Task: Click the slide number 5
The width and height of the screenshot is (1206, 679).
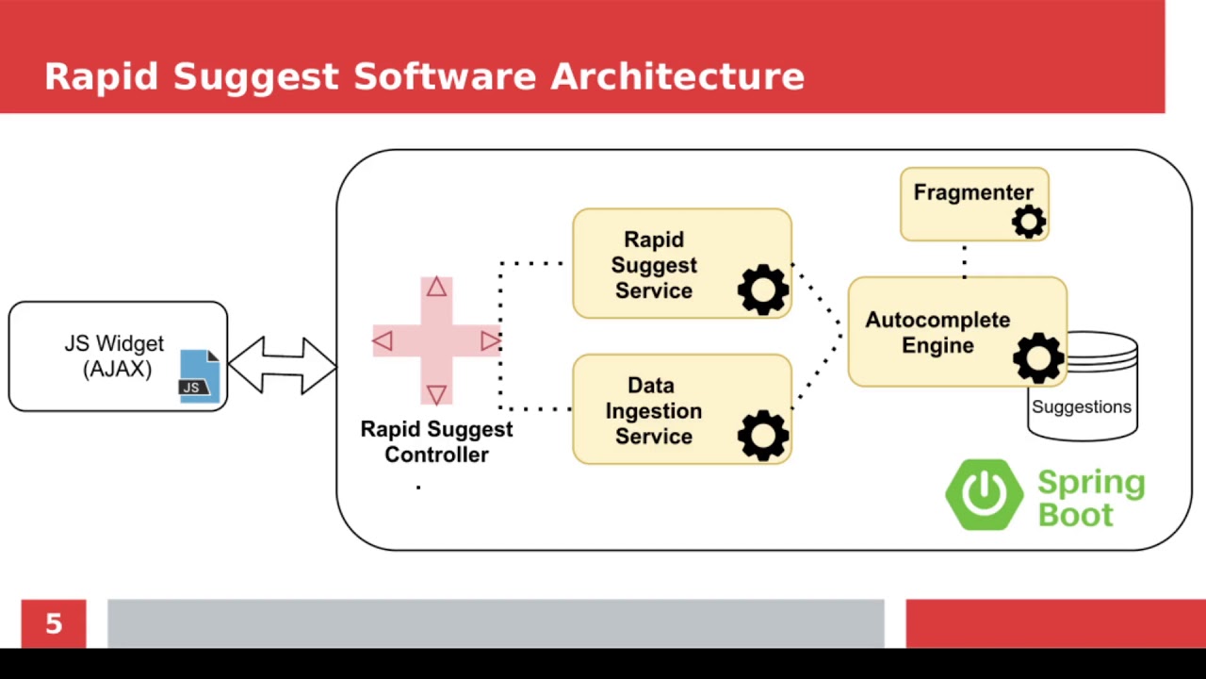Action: point(54,623)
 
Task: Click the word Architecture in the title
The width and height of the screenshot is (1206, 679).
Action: point(676,76)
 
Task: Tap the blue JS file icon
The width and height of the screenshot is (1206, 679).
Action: point(199,375)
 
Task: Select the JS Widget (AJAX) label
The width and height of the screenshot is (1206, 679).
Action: point(114,356)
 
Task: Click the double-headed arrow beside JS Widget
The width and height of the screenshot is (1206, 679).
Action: point(282,364)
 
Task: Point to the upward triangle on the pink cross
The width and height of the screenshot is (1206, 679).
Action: point(435,288)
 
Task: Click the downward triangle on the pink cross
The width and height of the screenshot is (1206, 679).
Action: point(435,393)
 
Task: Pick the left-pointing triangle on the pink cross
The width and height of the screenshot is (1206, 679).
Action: point(383,340)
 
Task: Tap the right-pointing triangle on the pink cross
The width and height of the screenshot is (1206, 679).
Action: point(489,340)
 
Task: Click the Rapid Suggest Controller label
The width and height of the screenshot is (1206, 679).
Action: point(436,441)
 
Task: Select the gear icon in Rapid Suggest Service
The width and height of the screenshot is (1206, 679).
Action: point(762,290)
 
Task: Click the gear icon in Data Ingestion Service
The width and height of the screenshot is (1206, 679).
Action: point(762,435)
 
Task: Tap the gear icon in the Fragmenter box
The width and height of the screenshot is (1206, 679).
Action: point(1028,222)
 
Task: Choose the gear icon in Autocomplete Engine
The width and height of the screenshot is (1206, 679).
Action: point(1037,357)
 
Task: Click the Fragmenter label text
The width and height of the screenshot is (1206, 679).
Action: point(972,192)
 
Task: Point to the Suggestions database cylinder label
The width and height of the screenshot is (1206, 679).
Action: point(1081,406)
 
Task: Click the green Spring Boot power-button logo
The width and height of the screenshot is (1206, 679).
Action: point(985,494)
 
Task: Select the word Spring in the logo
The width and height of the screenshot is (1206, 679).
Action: point(1090,483)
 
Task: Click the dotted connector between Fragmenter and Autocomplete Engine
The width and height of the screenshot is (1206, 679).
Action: point(964,260)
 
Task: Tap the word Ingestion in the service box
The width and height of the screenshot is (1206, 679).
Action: point(653,411)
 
